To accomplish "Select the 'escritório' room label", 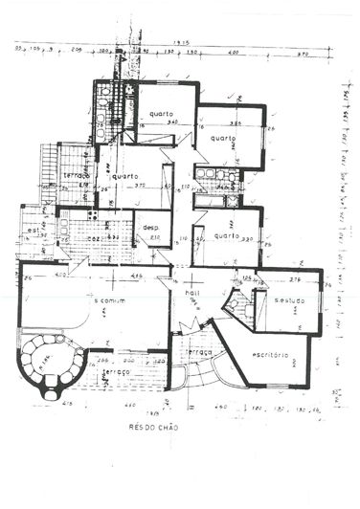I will click(271, 354).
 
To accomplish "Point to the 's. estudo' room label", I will click(289, 300).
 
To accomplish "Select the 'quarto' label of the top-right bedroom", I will click(223, 137).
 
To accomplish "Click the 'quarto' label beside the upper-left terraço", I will click(124, 176).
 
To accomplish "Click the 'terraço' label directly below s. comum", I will click(115, 370).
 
